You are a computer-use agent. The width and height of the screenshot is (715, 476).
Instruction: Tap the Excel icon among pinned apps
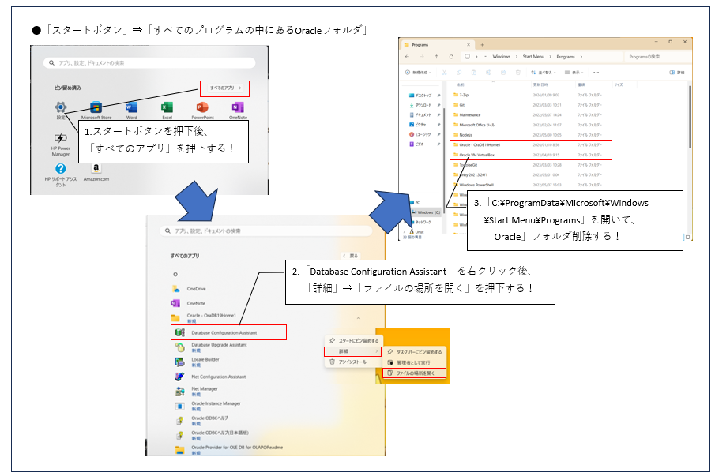coord(167,107)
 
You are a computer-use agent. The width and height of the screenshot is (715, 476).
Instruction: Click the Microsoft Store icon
coord(96,107)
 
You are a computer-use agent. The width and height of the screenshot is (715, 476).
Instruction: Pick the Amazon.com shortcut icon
coord(96,169)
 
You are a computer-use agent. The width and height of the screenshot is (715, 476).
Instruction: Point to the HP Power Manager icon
coord(61,139)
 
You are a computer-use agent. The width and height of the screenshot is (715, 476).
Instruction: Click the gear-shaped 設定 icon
coord(61,107)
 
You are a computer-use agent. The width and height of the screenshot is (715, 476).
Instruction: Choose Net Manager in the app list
coord(204,389)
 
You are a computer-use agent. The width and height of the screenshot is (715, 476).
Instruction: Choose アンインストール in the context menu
coord(352,362)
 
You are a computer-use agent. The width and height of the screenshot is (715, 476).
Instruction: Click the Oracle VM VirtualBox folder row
coord(482,156)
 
